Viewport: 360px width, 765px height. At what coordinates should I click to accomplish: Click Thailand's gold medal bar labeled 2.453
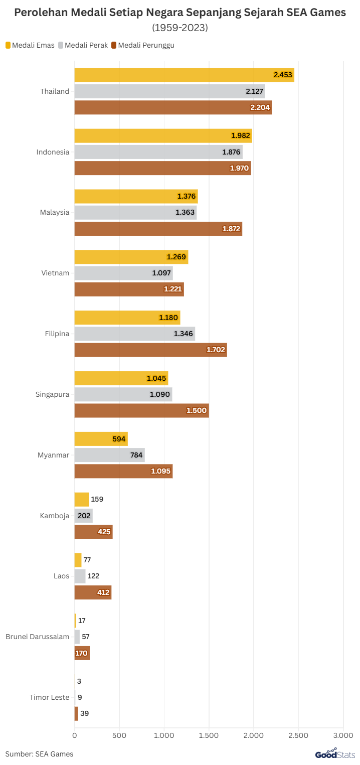pyautogui.click(x=184, y=75)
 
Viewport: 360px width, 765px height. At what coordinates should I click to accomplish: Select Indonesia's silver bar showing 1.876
pyautogui.click(x=158, y=152)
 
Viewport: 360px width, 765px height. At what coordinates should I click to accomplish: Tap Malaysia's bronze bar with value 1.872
pyautogui.click(x=158, y=229)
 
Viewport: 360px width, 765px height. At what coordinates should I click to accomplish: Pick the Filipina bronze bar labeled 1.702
pyautogui.click(x=150, y=350)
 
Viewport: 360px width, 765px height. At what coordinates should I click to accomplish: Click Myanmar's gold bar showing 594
pyautogui.click(x=101, y=439)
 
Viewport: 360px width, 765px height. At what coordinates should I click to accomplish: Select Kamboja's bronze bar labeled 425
pyautogui.click(x=93, y=532)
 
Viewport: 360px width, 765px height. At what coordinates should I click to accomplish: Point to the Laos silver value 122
pyautogui.click(x=93, y=576)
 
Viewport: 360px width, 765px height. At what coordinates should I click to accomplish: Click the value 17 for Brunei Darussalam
pyautogui.click(x=82, y=621)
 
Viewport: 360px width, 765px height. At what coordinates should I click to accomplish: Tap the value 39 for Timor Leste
pyautogui.click(x=84, y=713)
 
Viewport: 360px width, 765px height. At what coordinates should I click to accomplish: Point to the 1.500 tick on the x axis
pyautogui.click(x=209, y=736)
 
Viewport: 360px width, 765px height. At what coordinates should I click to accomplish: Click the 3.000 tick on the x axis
pyautogui.click(x=343, y=736)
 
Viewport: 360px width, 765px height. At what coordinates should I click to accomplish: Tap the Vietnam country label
pyautogui.click(x=55, y=273)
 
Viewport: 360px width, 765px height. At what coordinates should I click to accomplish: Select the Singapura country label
pyautogui.click(x=52, y=394)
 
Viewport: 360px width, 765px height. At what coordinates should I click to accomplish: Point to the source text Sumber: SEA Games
pyautogui.click(x=39, y=753)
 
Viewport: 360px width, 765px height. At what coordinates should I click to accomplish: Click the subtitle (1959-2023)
pyautogui.click(x=180, y=28)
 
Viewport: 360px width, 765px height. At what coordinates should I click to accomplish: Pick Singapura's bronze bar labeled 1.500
pyautogui.click(x=141, y=410)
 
